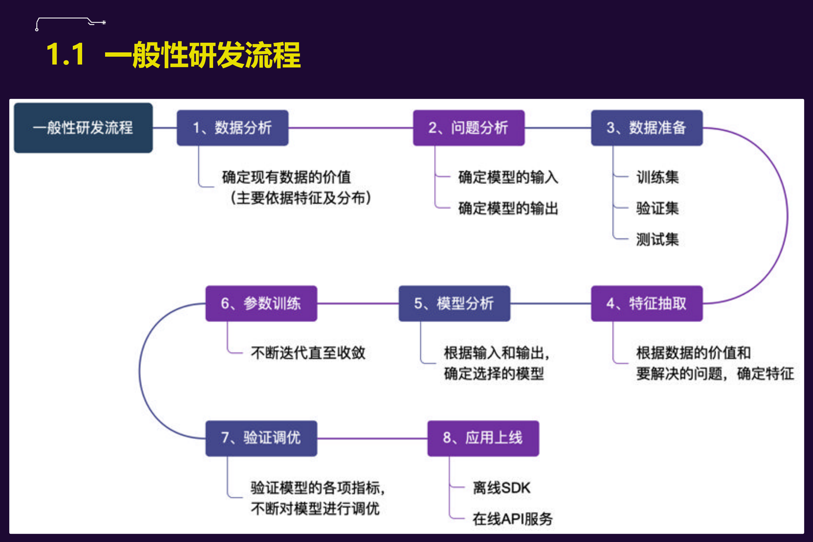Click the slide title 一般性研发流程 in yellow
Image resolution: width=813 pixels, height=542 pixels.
pos(203,55)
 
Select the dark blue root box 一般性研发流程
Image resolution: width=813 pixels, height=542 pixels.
pos(83,128)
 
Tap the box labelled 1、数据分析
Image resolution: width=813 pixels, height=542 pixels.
pos(232,128)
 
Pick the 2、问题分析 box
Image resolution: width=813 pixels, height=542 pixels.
pos(468,128)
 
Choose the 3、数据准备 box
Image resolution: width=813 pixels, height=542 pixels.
pos(647,128)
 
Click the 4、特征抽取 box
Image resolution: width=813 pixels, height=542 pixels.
pos(647,303)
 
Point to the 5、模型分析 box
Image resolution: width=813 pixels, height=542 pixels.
pos(454,303)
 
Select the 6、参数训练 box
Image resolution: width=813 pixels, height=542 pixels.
pos(261,303)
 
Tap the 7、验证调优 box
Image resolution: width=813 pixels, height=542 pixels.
pos(261,438)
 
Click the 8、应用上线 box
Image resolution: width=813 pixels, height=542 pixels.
pos(483,438)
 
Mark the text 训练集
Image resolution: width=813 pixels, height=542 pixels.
pos(657,177)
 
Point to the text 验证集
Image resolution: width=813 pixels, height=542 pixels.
pos(657,208)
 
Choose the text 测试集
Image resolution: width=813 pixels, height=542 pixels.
pos(657,239)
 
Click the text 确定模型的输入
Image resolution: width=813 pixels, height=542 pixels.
pos(508,177)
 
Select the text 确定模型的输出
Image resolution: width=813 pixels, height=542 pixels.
pos(508,208)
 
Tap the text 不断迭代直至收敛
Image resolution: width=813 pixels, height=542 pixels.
pos(308,353)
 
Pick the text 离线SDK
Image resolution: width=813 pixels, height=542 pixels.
pos(501,488)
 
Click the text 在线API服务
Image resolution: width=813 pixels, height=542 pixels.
pos(512,519)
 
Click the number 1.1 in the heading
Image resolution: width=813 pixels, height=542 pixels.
pos(66,55)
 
